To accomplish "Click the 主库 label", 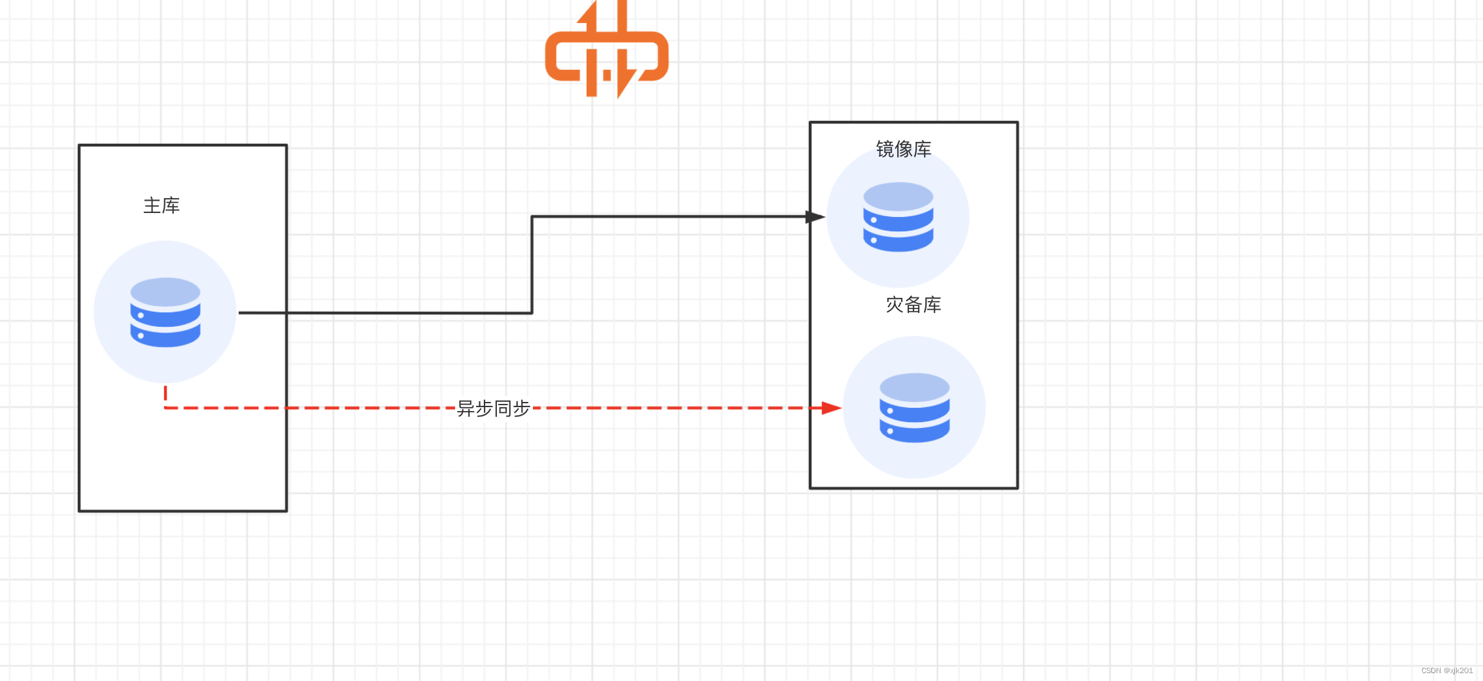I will click(162, 206).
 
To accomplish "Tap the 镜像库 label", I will click(904, 150).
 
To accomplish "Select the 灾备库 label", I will click(913, 305).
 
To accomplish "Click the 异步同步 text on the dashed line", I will click(494, 408).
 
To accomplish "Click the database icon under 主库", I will click(165, 312).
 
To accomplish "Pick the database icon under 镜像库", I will click(898, 217).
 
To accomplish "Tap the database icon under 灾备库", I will click(914, 408).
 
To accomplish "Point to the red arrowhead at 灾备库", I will click(830, 408).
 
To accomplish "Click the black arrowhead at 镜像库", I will click(815, 216).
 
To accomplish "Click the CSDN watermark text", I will click(1446, 671).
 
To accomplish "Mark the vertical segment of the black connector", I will click(532, 265).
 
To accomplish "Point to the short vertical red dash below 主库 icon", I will click(165, 393).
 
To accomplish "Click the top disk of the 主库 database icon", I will click(165, 291).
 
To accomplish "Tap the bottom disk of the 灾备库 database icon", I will click(914, 431).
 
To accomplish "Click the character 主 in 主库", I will click(152, 206).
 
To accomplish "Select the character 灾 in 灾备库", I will click(895, 305).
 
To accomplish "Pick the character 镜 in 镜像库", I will click(885, 150).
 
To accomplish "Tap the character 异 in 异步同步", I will click(466, 408).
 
